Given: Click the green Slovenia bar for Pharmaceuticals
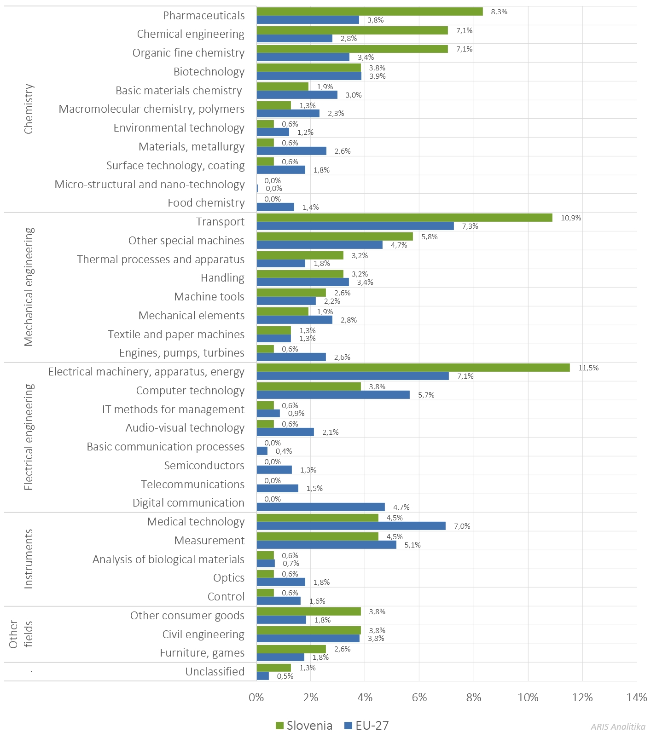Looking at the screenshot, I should point(370,12).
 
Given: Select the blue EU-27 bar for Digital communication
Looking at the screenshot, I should point(320,507).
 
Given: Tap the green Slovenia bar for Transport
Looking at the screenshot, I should point(404,218).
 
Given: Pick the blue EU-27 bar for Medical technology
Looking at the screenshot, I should point(351,526).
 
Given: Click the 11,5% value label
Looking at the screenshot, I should point(588,368).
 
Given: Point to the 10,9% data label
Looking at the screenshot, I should point(570,218).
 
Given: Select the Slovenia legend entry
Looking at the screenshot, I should point(304,726).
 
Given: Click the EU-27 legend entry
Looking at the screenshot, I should point(366,726).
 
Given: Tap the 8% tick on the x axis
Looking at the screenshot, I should point(473,698).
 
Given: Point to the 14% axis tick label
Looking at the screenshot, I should point(636,698).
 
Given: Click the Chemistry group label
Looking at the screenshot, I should point(29,109).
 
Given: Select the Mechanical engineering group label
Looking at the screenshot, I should point(29,287).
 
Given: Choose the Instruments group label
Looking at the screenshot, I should point(29,559).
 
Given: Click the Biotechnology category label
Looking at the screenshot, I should point(209,72).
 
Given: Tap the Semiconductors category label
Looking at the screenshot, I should point(204,466).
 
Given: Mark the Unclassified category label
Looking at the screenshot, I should point(215,672).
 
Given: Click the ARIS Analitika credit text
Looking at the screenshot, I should point(618,727).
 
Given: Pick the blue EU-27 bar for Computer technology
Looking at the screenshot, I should point(333,395).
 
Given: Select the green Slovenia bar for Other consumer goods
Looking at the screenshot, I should point(308,611).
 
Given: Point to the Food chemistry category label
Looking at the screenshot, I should point(206,203).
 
